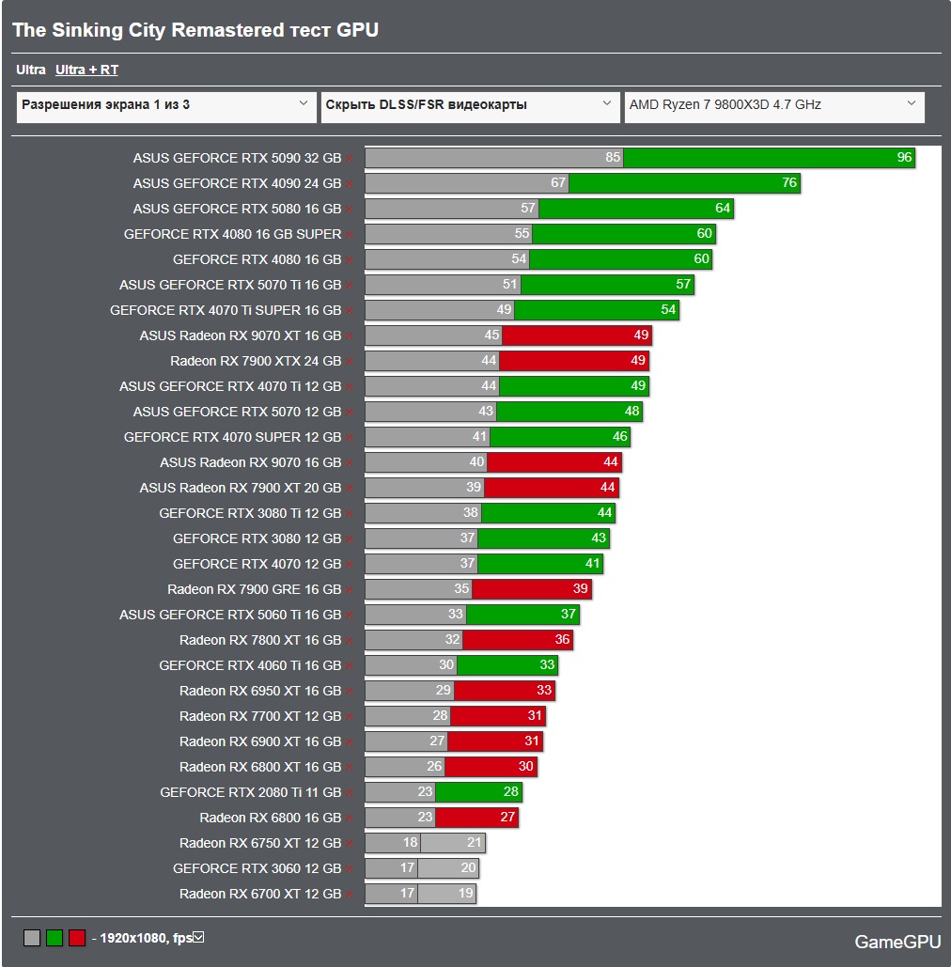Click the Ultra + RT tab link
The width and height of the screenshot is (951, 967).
(87, 70)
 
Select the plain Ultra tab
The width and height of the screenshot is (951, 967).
(31, 70)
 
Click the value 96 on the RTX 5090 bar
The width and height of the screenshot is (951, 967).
(904, 157)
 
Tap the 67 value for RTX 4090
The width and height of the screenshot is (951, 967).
(558, 182)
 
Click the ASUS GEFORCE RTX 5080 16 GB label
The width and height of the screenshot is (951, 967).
(237, 209)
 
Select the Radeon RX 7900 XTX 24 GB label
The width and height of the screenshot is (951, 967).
(256, 361)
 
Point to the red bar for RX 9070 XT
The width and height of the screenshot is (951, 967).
(577, 335)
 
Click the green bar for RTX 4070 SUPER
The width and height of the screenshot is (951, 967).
(560, 437)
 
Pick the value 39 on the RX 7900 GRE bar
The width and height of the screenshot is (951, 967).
(581, 588)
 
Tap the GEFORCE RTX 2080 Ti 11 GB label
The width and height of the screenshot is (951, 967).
(250, 792)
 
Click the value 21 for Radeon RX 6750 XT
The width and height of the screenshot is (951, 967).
(475, 842)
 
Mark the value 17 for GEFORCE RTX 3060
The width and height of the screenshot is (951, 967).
(407, 867)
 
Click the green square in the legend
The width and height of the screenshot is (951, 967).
(55, 938)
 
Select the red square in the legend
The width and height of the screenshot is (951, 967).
(77, 938)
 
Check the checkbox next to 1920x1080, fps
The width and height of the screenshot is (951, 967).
(198, 938)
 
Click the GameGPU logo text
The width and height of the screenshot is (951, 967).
(897, 942)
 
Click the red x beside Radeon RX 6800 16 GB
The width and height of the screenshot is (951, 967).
(349, 819)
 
